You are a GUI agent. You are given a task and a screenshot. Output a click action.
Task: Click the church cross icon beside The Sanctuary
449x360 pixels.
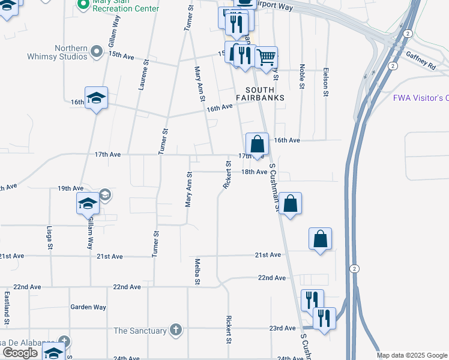click(x=175, y=330)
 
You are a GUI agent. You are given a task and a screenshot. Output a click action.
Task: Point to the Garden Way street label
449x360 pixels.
click(x=88, y=307)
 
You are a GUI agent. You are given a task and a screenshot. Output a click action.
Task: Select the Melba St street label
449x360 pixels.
click(x=197, y=271)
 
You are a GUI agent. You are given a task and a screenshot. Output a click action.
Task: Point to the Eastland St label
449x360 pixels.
click(x=7, y=308)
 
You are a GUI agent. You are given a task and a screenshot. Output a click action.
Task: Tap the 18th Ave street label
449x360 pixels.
click(x=254, y=172)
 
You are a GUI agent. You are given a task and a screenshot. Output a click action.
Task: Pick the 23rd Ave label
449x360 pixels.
click(x=282, y=328)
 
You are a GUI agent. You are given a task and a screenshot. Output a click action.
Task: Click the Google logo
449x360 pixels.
click(x=20, y=353)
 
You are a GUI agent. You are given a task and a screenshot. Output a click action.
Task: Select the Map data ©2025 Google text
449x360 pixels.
click(x=411, y=355)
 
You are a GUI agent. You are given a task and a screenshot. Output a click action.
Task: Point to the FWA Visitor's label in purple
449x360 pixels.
click(x=421, y=98)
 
